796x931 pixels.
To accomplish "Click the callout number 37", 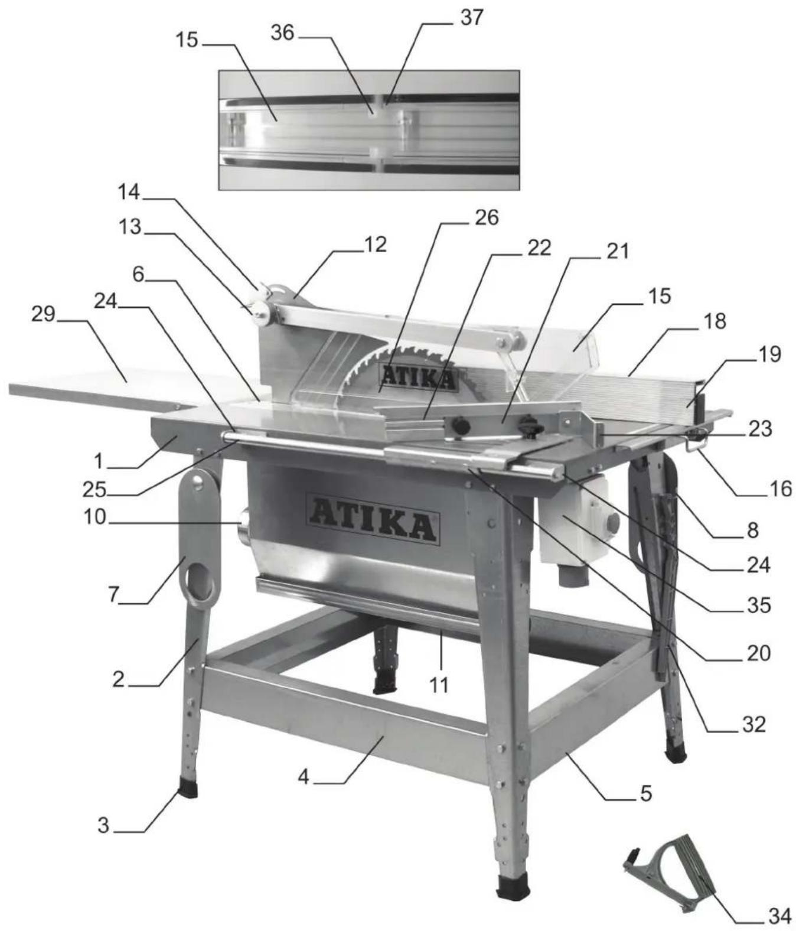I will [x=471, y=18].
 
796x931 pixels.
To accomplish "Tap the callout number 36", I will [x=282, y=33].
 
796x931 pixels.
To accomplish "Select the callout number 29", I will [x=43, y=313].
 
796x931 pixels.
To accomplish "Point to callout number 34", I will [x=779, y=916].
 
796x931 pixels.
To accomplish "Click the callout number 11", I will [x=438, y=685].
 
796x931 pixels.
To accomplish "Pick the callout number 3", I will [x=103, y=825].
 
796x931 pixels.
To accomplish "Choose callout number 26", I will [x=487, y=217].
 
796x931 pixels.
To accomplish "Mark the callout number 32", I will [x=753, y=724].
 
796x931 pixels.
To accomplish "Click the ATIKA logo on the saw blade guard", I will [x=418, y=378].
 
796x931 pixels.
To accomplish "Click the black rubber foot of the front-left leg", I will [x=188, y=790].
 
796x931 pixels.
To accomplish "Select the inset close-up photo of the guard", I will [x=369, y=130].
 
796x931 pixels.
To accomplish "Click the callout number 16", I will [x=781, y=489].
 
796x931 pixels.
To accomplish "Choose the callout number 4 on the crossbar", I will [x=303, y=777].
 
